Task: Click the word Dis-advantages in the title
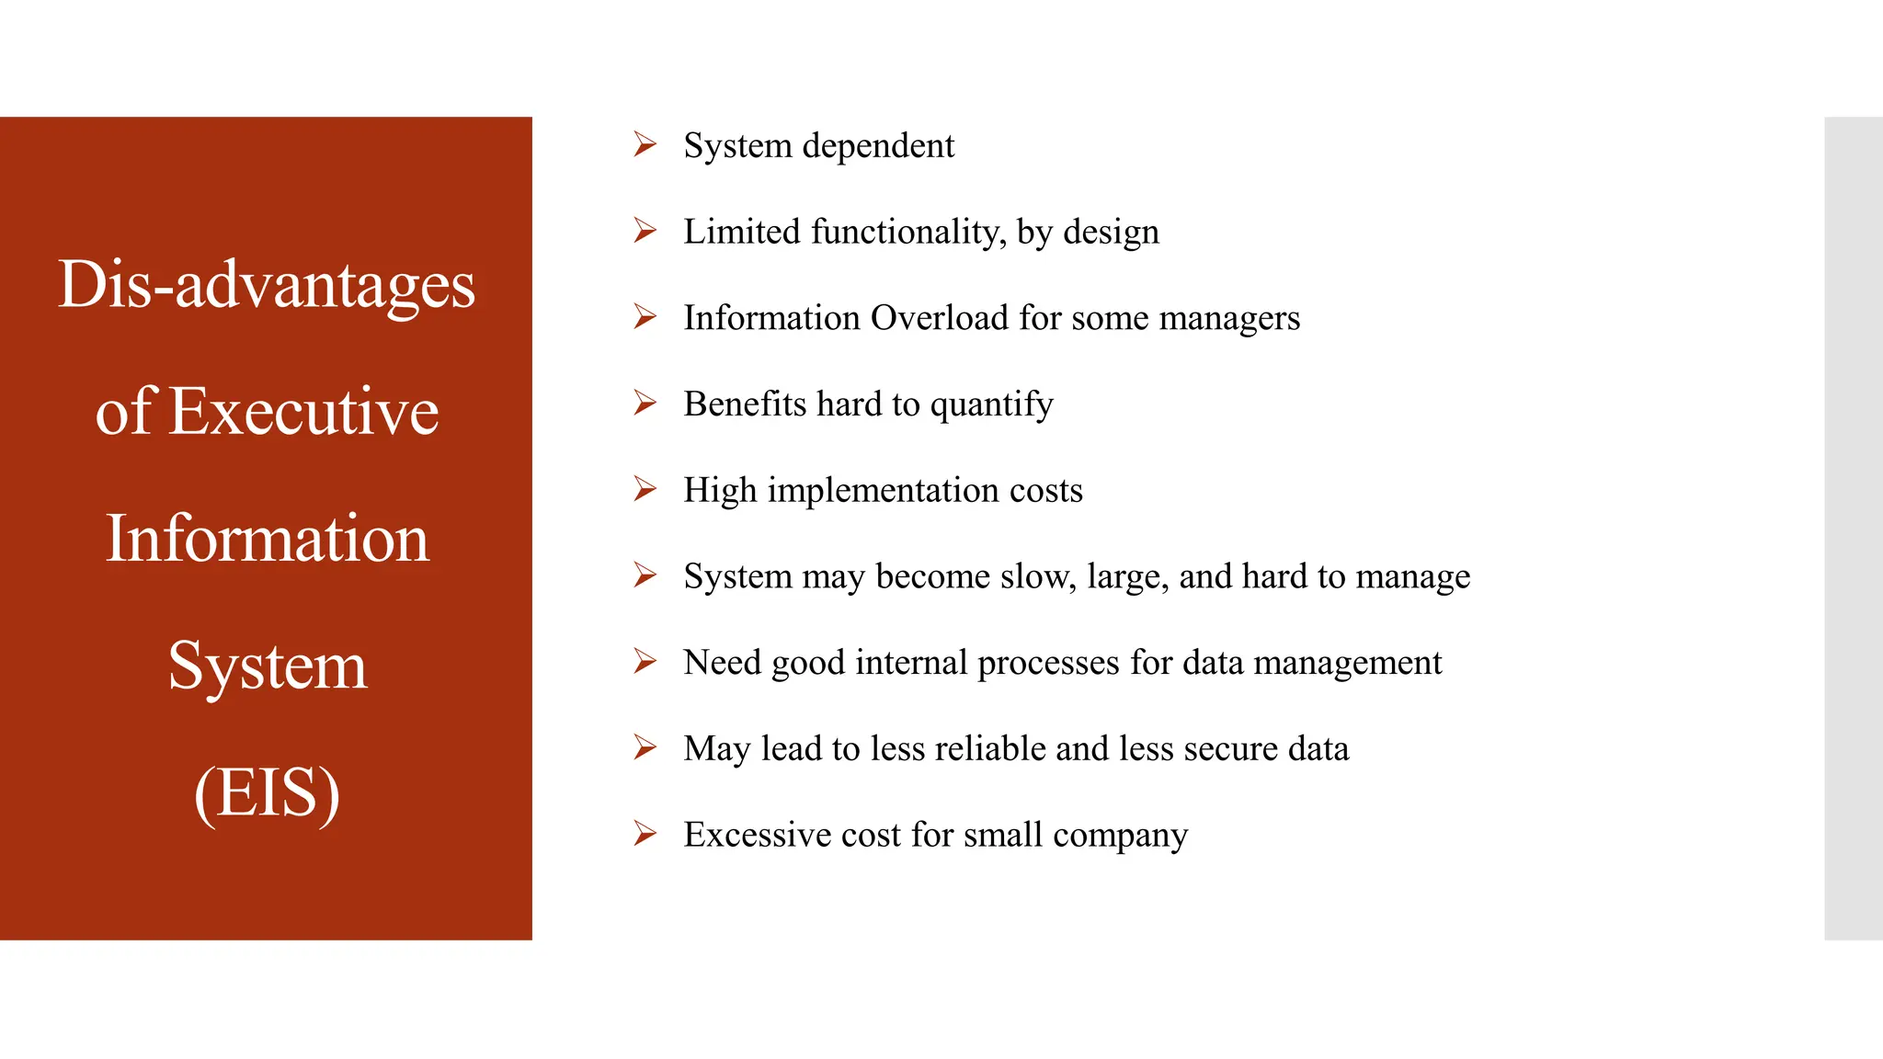pyautogui.click(x=267, y=285)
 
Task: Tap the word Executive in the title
pyautogui.click(x=304, y=411)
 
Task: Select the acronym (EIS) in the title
pyautogui.click(x=267, y=792)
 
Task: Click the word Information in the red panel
pyautogui.click(x=267, y=539)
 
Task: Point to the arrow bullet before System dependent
pyautogui.click(x=645, y=144)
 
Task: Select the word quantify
pyautogui.click(x=991, y=405)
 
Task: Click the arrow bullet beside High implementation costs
pyautogui.click(x=645, y=489)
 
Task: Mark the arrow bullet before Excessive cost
pyautogui.click(x=645, y=834)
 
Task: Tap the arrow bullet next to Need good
pyautogui.click(x=645, y=661)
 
